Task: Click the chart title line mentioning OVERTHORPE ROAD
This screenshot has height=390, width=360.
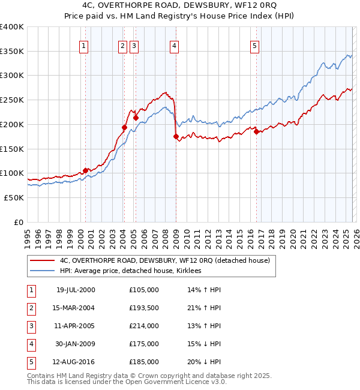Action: [180, 6]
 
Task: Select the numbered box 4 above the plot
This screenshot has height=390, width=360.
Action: [174, 46]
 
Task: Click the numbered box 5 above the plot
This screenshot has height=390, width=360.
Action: [254, 46]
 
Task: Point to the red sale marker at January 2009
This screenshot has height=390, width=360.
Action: [176, 137]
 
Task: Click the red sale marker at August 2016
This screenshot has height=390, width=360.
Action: [256, 132]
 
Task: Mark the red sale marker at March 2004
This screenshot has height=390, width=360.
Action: [124, 127]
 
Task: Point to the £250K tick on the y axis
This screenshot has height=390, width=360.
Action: [12, 100]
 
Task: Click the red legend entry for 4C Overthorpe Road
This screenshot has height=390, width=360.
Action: [165, 260]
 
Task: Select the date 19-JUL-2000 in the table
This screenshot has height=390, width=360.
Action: [75, 290]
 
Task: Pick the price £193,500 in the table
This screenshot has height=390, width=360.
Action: [144, 308]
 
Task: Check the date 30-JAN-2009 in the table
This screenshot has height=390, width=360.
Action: [75, 344]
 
